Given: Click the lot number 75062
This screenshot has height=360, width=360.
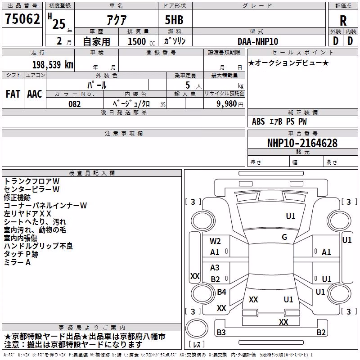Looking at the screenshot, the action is click(x=22, y=18).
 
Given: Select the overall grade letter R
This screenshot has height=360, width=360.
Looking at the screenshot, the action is click(x=343, y=21).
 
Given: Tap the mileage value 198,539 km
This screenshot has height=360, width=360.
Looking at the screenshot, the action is click(x=53, y=65).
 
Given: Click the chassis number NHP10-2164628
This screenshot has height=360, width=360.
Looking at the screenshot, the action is click(x=302, y=143).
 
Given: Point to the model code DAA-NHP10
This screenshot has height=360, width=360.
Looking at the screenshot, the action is click(x=258, y=41).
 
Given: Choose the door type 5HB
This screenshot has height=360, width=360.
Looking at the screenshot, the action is click(x=174, y=20).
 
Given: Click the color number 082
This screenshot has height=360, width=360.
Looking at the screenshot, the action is click(x=75, y=104).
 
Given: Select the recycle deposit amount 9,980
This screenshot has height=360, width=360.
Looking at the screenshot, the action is click(x=227, y=104).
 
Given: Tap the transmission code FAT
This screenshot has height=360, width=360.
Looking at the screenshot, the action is click(x=13, y=94).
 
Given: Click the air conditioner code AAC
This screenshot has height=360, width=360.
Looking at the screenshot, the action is click(x=35, y=94).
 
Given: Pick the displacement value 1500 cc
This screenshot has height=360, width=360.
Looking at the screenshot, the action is click(x=141, y=41).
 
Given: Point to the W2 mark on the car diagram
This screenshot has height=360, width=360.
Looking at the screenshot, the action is click(x=215, y=241).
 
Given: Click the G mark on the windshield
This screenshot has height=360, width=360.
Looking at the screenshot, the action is click(x=284, y=237).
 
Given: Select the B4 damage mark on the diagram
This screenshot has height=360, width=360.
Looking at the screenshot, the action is click(x=221, y=292).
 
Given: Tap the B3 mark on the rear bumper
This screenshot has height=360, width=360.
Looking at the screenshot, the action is click(x=221, y=332).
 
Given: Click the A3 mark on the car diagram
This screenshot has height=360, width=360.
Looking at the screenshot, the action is click(x=215, y=267).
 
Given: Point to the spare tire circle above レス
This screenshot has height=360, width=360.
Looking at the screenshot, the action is click(x=197, y=328).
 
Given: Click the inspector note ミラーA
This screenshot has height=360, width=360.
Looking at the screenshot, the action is click(x=17, y=262).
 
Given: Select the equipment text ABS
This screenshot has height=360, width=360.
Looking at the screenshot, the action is click(x=258, y=121).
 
